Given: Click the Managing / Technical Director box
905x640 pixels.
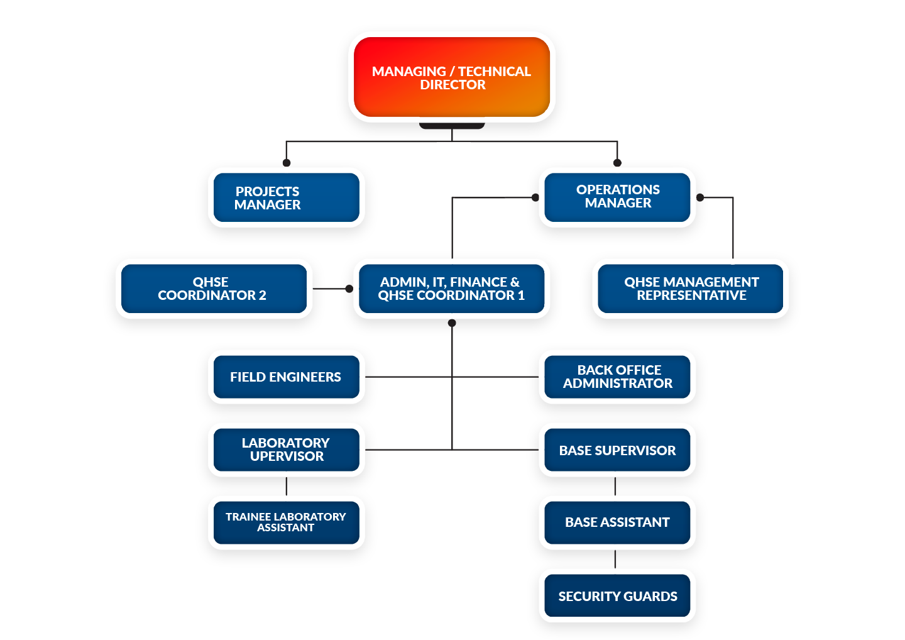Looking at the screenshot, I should click(x=452, y=77).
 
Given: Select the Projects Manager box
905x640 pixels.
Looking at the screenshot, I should click(x=286, y=198).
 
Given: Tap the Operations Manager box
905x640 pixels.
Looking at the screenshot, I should click(x=617, y=197).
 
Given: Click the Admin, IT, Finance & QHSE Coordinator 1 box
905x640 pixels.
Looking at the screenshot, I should click(x=451, y=289).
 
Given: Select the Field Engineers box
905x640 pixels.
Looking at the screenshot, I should click(x=286, y=377).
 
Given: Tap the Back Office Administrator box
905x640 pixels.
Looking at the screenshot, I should click(x=617, y=377).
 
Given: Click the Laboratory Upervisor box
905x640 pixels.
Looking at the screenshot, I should click(x=286, y=450).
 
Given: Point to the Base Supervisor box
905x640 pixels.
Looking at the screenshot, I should click(x=617, y=450).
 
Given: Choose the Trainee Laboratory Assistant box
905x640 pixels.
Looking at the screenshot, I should click(x=286, y=522).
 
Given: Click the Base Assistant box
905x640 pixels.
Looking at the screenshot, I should click(x=617, y=522).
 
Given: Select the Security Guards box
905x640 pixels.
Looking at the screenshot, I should click(x=617, y=596).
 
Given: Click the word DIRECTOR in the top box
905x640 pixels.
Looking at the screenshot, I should click(x=452, y=85).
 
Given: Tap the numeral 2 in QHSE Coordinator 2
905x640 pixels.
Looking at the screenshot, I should click(x=262, y=295).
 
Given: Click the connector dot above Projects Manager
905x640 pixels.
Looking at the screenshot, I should click(x=287, y=162).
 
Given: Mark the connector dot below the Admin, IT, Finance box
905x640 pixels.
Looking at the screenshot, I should click(x=452, y=323).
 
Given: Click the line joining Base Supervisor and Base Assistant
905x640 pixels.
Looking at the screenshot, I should click(x=615, y=486).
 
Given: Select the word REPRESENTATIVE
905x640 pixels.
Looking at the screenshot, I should click(x=691, y=295).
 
